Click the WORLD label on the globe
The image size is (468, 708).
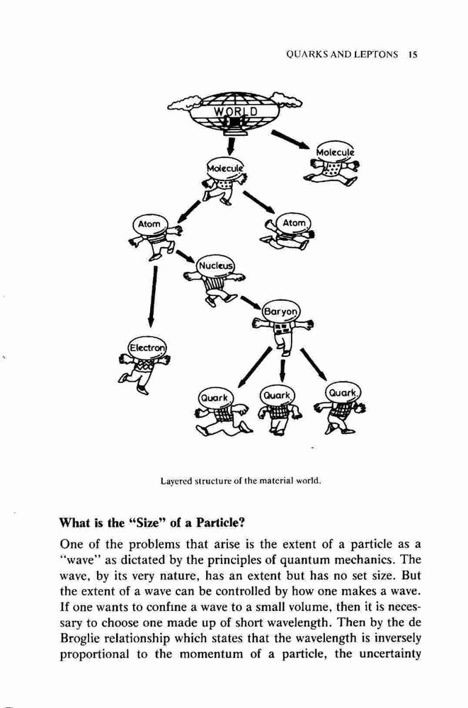pos(235,111)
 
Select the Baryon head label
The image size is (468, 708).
pos(281,311)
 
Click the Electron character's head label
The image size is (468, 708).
pos(147,348)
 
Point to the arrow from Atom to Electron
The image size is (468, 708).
pos(153,296)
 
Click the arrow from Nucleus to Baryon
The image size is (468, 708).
pos(251,303)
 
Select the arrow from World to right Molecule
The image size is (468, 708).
pos(290,139)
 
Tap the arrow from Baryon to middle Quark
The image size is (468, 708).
pos(282,370)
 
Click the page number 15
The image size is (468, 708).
pos(413,55)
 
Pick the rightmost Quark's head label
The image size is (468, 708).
pos(343,394)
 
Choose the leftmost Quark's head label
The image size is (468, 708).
pos(215,398)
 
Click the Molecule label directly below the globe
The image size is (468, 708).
pos(224,167)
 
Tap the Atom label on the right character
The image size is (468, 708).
pos(294,223)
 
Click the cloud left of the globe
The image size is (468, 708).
pos(182,103)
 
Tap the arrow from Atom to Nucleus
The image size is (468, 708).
pos(185,256)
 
